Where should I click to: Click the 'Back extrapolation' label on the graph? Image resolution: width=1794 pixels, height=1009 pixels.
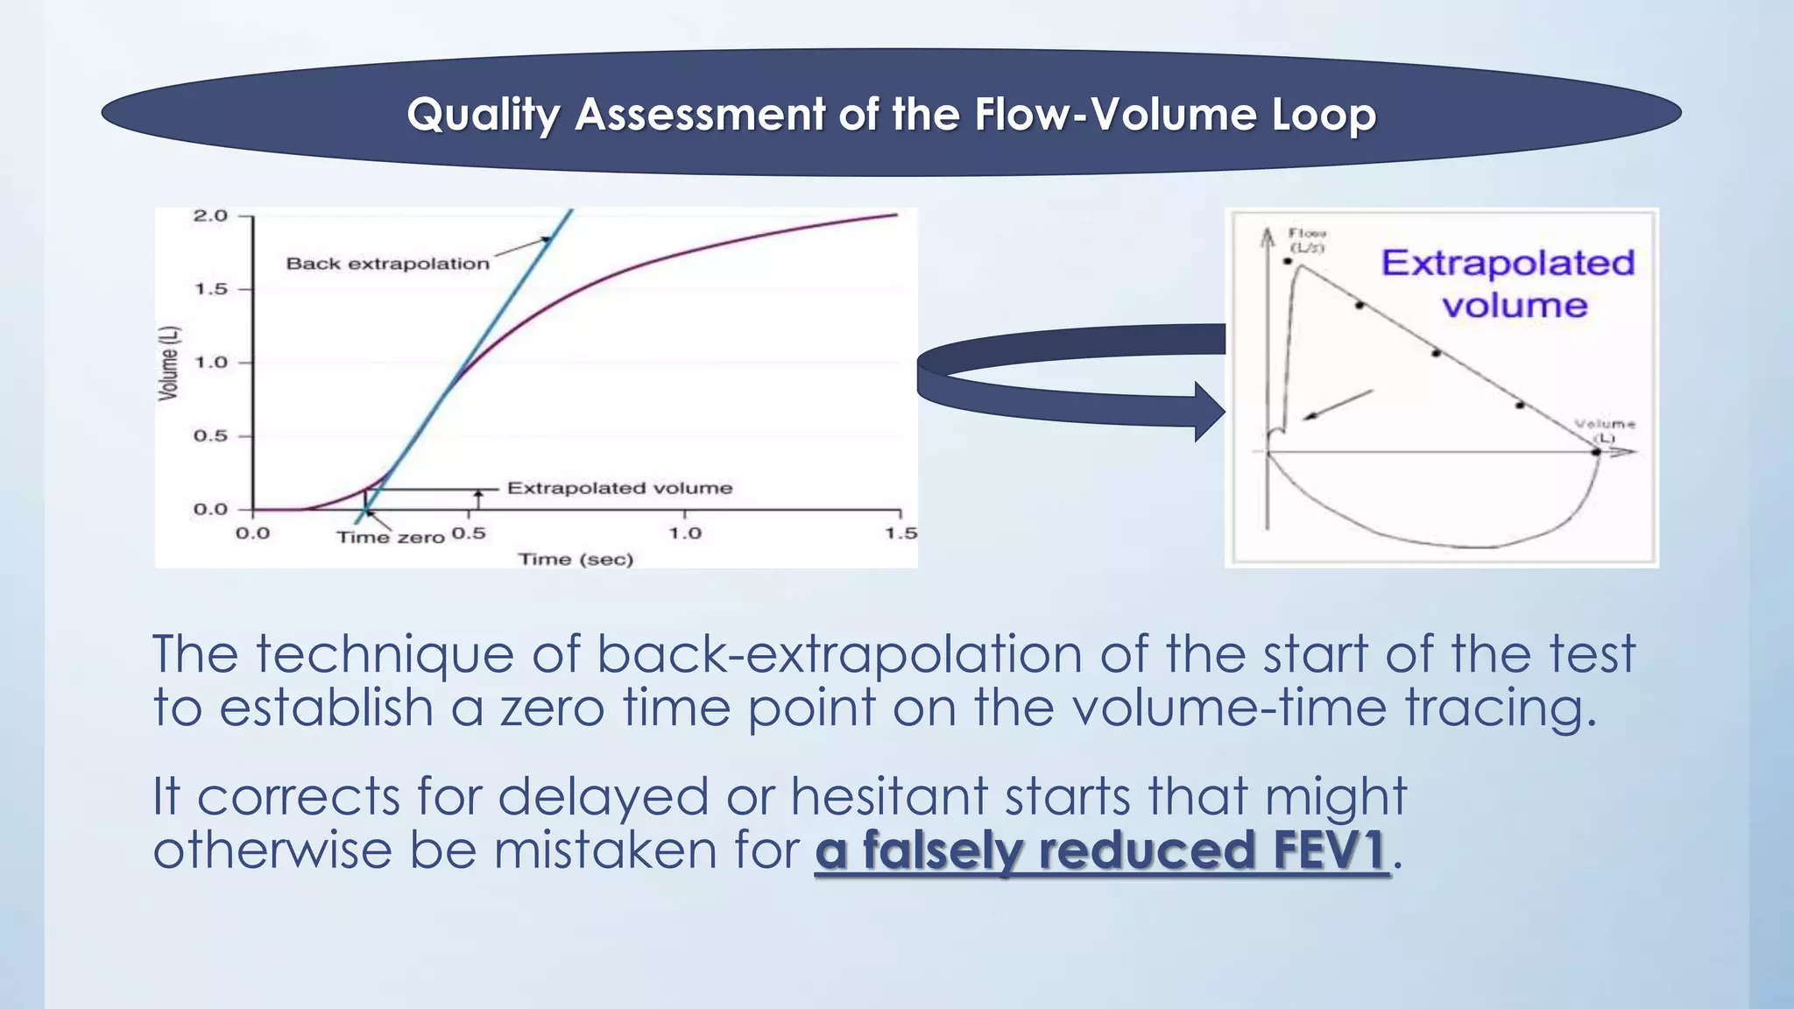tap(387, 264)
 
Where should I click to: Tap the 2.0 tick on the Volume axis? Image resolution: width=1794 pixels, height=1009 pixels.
tap(210, 215)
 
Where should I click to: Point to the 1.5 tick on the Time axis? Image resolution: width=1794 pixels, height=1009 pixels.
tap(901, 533)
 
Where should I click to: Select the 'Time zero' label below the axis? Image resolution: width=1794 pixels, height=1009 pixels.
tap(391, 537)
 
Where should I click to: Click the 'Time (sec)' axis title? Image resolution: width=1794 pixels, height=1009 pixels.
tap(576, 559)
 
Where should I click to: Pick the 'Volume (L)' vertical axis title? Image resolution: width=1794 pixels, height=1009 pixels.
tap(168, 363)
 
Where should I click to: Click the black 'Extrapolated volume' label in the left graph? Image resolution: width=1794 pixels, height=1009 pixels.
tap(619, 488)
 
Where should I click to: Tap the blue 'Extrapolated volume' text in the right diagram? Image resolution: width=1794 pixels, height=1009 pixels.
tap(1508, 283)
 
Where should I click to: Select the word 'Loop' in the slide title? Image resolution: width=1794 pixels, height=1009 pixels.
tap(1323, 115)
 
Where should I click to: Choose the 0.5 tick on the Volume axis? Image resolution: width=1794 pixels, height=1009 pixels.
tap(210, 435)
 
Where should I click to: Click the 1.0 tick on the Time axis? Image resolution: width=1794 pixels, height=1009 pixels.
tap(685, 533)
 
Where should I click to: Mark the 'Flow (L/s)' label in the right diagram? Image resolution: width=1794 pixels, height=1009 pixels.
tap(1307, 240)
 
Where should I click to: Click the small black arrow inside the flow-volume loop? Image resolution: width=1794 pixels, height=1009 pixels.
tap(1337, 405)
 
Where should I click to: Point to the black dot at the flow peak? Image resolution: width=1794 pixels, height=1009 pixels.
tap(1288, 261)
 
